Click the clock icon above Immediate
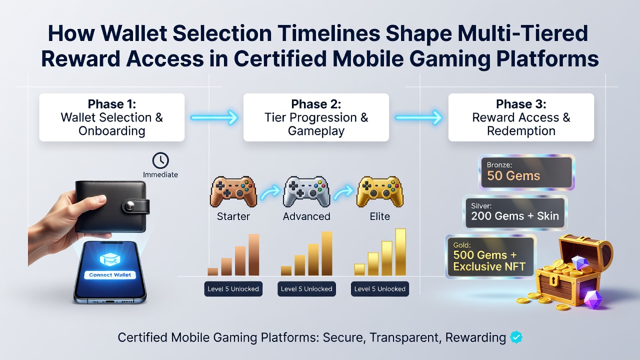[160, 160]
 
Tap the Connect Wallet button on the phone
[110, 275]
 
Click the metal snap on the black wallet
[130, 205]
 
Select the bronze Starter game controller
[233, 191]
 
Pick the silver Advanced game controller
[306, 191]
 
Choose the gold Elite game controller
[379, 191]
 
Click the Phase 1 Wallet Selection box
[111, 117]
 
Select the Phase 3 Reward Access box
[521, 117]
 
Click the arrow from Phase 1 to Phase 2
[214, 117]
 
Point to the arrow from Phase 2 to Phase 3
[419, 117]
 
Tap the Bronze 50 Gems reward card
[526, 172]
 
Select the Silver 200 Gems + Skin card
[515, 213]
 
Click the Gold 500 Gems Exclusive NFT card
[490, 257]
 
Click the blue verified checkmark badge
[516, 337]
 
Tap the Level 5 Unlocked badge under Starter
[233, 289]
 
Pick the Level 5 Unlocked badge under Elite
[379, 289]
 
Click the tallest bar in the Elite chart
[400, 252]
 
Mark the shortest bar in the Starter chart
[213, 271]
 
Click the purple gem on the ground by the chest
[593, 299]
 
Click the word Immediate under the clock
[160, 174]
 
